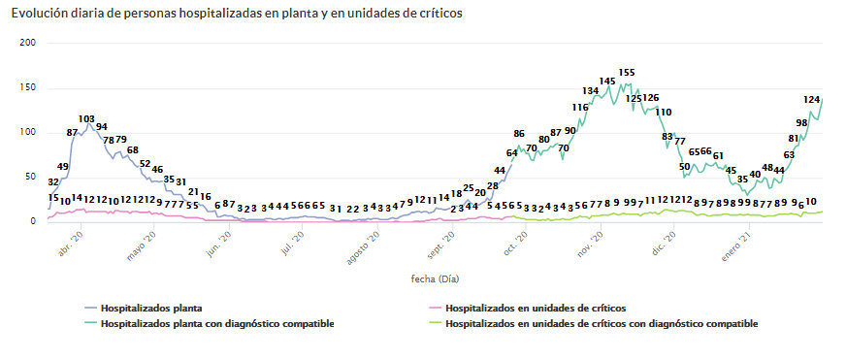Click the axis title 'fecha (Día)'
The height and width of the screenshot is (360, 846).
(x=435, y=278)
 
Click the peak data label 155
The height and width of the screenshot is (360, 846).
(x=627, y=73)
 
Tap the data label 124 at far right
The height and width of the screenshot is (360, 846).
(x=813, y=100)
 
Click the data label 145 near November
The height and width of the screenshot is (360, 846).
(x=607, y=82)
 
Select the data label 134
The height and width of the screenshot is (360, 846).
(x=591, y=91)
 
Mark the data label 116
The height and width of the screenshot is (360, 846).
(x=580, y=108)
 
